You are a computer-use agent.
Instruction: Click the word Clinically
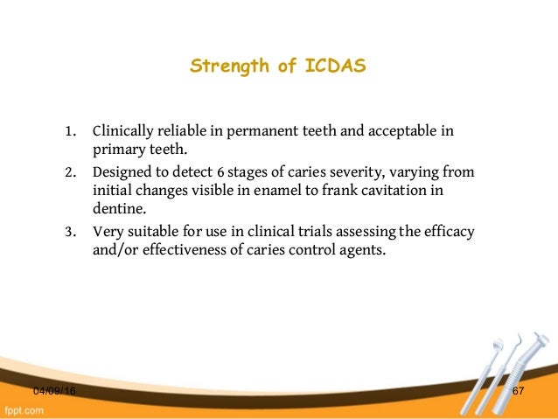coord(124,133)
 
